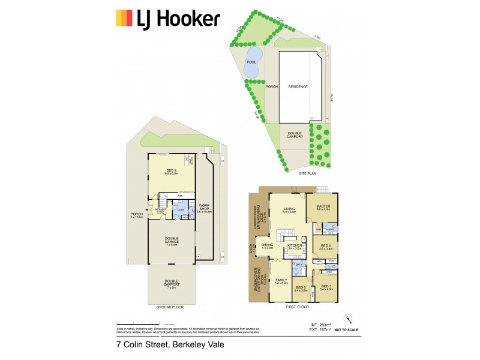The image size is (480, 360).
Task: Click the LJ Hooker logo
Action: [167, 19]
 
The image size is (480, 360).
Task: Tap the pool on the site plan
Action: [251, 64]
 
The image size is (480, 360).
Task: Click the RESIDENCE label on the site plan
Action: [298, 87]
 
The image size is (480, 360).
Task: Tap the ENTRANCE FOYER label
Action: [160, 211]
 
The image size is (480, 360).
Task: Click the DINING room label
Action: [268, 247]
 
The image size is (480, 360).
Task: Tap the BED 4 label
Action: [326, 246]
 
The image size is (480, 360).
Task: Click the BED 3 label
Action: [326, 287]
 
